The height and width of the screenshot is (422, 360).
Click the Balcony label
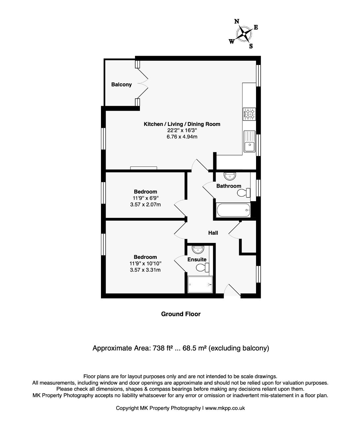click(x=121, y=84)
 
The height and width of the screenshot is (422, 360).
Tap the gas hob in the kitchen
click(x=249, y=114)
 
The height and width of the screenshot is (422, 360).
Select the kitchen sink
click(x=249, y=141)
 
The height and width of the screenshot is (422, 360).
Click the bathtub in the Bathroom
click(x=233, y=210)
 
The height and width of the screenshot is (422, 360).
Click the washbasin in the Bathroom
click(x=230, y=176)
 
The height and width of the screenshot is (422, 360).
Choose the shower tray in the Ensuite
click(x=200, y=285)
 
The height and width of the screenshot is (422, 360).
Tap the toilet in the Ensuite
click(x=203, y=268)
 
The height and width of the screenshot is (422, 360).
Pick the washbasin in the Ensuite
click(x=198, y=250)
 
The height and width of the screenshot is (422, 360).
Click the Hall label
click(x=213, y=233)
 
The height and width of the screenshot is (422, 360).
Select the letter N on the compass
click(x=237, y=21)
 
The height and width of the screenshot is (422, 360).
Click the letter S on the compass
click(x=251, y=46)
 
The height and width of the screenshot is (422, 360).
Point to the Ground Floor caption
click(x=181, y=314)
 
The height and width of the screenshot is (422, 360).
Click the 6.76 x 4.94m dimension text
click(x=182, y=136)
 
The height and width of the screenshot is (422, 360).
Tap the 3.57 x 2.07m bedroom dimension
click(x=146, y=204)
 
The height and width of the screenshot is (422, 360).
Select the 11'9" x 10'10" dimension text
click(x=146, y=263)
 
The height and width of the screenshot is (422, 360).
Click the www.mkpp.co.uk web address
click(x=225, y=408)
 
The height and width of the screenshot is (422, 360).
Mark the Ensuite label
click(x=197, y=259)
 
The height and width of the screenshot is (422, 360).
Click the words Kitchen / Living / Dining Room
click(x=182, y=124)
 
